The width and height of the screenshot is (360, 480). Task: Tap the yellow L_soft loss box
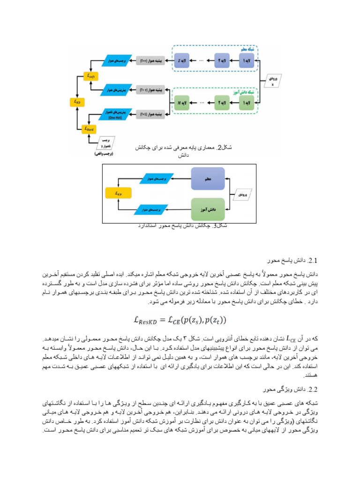click(89, 75)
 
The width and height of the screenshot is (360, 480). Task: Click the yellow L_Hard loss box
click(89, 128)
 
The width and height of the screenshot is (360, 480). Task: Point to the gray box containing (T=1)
click(149, 114)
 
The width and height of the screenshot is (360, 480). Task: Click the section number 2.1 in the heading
click(312, 260)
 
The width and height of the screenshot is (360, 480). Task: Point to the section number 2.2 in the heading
click(312, 389)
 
